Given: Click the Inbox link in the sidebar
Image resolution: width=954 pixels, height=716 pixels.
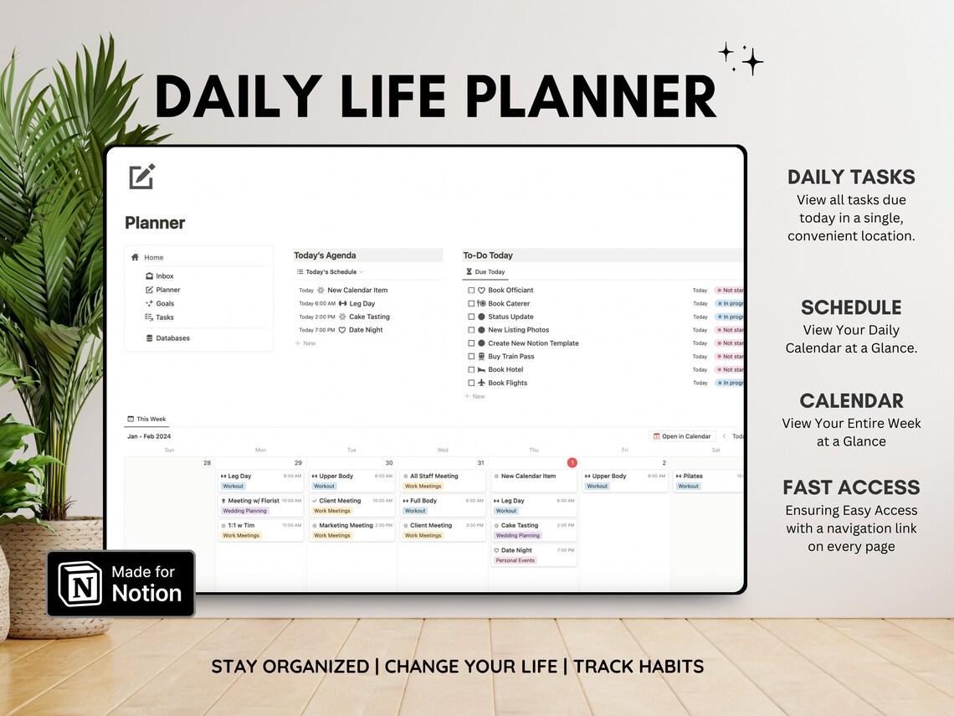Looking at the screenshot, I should pyautogui.click(x=164, y=276).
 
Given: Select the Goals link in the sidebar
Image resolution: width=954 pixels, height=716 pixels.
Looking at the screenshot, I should pyautogui.click(x=164, y=304).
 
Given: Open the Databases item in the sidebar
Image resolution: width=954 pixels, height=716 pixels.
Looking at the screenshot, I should pyautogui.click(x=172, y=338).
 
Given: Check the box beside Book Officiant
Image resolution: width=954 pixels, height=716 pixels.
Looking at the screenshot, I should pyautogui.click(x=471, y=291).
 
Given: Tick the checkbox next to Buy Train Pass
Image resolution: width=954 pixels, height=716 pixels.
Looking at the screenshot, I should pyautogui.click(x=471, y=357).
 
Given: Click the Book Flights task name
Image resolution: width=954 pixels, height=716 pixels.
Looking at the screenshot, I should pyautogui.click(x=507, y=384).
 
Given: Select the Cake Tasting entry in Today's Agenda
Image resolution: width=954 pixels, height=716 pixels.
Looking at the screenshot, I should pyautogui.click(x=368, y=317).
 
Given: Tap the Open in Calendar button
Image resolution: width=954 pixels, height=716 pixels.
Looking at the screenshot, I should pyautogui.click(x=681, y=436).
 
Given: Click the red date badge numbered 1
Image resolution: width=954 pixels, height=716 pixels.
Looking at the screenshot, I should pyautogui.click(x=572, y=463).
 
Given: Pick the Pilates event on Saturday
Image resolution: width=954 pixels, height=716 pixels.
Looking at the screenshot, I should pyautogui.click(x=692, y=476).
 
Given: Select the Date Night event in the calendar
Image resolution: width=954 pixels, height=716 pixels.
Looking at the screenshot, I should pyautogui.click(x=516, y=551).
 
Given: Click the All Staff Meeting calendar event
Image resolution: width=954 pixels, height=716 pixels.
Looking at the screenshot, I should pyautogui.click(x=433, y=476).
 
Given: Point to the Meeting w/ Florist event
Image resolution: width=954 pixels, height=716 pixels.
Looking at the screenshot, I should pyautogui.click(x=254, y=501).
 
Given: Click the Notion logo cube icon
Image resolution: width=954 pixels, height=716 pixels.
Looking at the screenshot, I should pyautogui.click(x=80, y=584).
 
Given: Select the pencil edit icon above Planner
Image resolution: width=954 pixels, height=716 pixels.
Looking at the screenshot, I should pyautogui.click(x=142, y=177).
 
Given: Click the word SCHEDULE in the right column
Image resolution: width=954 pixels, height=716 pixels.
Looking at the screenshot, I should pyautogui.click(x=851, y=307).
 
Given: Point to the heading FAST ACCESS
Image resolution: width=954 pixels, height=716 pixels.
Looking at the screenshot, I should pyautogui.click(x=851, y=487).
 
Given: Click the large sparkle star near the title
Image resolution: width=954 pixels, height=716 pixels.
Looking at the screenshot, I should pyautogui.click(x=751, y=61).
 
